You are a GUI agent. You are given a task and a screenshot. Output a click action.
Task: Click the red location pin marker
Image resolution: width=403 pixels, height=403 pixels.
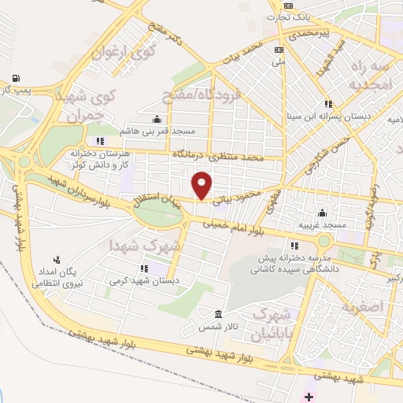click(202, 184)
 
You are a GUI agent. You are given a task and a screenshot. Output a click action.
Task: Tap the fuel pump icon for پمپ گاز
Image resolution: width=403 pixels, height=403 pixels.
click(16, 78)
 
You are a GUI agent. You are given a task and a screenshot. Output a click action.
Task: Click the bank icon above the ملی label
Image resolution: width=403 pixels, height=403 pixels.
click(278, 48)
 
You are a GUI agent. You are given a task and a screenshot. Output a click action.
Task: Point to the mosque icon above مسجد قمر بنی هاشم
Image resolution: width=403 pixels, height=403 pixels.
click(157, 119)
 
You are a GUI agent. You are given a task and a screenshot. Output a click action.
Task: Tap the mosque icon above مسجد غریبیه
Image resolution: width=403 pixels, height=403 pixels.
click(322, 213)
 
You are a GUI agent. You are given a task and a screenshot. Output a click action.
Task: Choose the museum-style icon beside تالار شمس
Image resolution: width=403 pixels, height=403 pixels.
click(218, 313)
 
